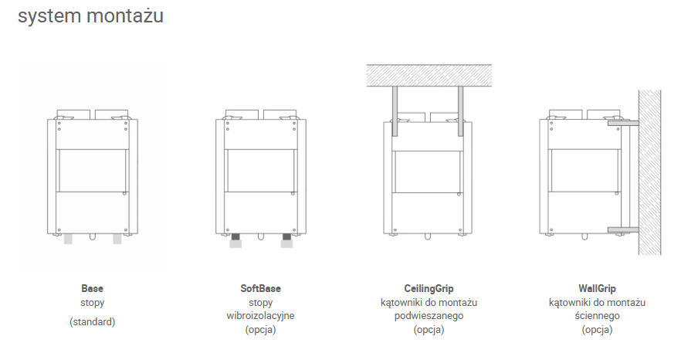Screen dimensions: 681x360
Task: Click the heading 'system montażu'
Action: [x=90, y=16]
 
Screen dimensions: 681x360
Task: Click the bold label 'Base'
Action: [x=92, y=288]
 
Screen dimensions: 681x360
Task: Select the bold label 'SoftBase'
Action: [x=261, y=288]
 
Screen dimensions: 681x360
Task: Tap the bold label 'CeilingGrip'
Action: [x=429, y=288]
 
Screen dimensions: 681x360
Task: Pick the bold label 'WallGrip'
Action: [x=597, y=288]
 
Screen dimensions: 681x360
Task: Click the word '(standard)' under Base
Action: [x=92, y=321]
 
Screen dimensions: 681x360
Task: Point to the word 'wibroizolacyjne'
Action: [x=261, y=316]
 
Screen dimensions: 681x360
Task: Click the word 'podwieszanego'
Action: [x=429, y=316]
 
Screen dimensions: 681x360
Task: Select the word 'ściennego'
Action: [x=597, y=316]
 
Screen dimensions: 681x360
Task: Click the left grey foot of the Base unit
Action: [x=68, y=239]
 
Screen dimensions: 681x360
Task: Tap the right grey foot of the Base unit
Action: [x=117, y=239]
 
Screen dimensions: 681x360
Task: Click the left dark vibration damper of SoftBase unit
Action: [x=235, y=237]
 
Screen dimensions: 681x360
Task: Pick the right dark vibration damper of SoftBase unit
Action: [x=286, y=237]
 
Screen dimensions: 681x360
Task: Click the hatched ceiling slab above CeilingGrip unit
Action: [x=429, y=75]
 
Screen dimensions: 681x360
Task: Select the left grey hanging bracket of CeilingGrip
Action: [x=395, y=111]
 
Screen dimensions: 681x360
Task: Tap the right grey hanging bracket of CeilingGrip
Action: [x=460, y=111]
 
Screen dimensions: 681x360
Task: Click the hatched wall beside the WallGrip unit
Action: [x=650, y=172]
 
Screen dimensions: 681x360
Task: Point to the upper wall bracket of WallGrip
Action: [x=623, y=124]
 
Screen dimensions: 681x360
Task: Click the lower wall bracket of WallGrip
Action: [x=623, y=229]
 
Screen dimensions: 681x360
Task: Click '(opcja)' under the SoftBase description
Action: [x=261, y=330]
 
